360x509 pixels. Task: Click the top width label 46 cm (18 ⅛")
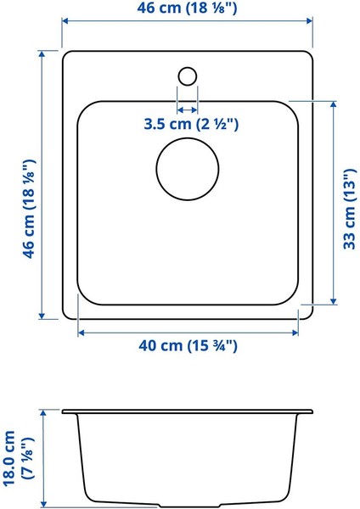point(187,8)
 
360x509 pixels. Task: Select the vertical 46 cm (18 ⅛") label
point(29,209)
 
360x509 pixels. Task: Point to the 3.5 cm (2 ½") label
point(191,125)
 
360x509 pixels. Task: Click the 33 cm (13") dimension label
point(350,209)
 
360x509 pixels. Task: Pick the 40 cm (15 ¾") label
point(188,346)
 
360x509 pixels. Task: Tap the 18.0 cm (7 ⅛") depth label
point(19,459)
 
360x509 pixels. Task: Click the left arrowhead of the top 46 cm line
point(65,21)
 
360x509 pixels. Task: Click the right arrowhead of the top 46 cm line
point(309,21)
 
